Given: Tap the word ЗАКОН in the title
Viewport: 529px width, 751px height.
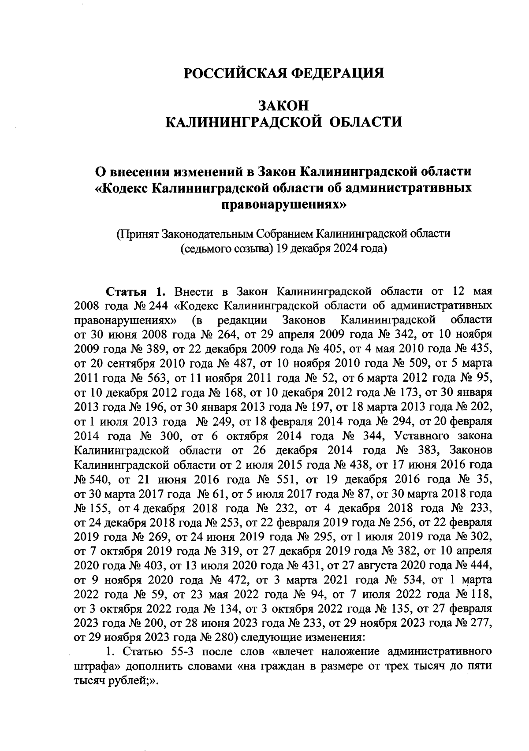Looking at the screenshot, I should [283, 106].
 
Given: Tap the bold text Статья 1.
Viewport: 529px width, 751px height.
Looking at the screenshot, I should [135, 292].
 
